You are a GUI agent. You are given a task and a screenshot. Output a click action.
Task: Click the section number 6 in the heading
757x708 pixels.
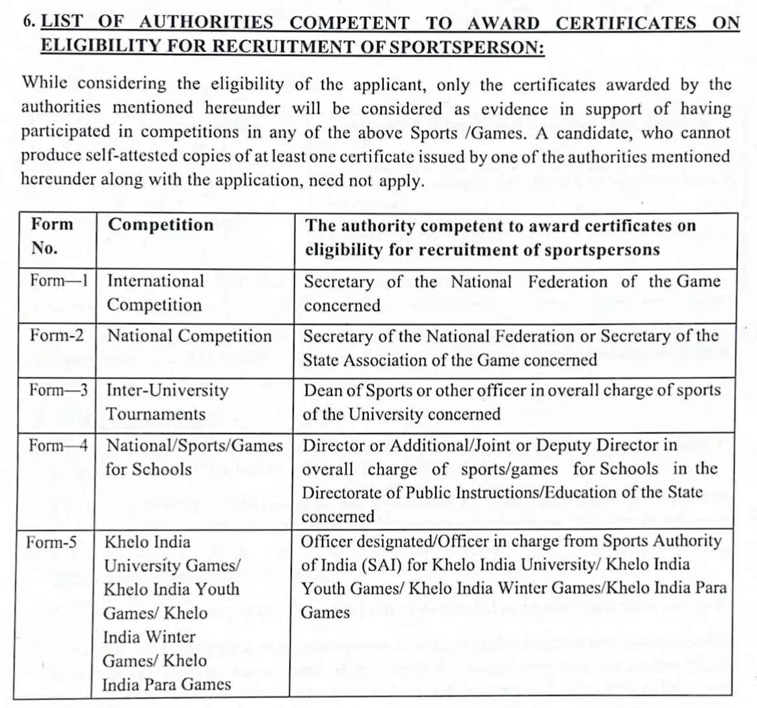pyautogui.click(x=28, y=22)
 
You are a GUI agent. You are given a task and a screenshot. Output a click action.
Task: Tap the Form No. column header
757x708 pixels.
pyautogui.click(x=52, y=236)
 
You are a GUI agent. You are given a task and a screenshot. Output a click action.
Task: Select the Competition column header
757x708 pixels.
pyautogui.click(x=161, y=225)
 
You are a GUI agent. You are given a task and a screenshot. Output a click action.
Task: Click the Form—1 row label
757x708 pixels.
pyautogui.click(x=59, y=281)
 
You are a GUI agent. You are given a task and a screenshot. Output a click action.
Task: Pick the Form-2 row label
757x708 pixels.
pyautogui.click(x=57, y=336)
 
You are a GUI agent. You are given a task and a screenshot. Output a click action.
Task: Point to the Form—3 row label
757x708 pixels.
pyautogui.click(x=59, y=390)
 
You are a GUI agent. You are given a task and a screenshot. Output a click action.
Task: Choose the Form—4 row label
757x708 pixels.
pyautogui.click(x=59, y=446)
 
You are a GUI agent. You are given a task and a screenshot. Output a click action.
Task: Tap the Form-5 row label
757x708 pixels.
pyautogui.click(x=51, y=542)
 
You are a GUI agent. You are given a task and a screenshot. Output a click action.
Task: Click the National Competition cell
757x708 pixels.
pyautogui.click(x=189, y=336)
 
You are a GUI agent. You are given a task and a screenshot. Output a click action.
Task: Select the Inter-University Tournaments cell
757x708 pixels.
pyautogui.click(x=167, y=402)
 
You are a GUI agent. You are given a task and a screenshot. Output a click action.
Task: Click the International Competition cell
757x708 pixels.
pyautogui.click(x=155, y=293)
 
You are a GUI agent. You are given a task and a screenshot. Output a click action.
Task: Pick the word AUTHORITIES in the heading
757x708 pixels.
pyautogui.click(x=206, y=23)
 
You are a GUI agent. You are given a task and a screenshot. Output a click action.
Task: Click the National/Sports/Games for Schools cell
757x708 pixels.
pyautogui.click(x=194, y=457)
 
